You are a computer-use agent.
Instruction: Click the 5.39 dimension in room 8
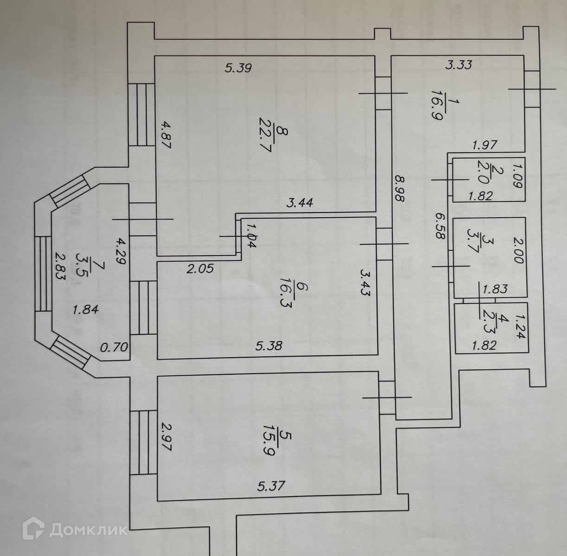(238, 69)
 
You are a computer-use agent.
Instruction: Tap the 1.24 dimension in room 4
(520, 327)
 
